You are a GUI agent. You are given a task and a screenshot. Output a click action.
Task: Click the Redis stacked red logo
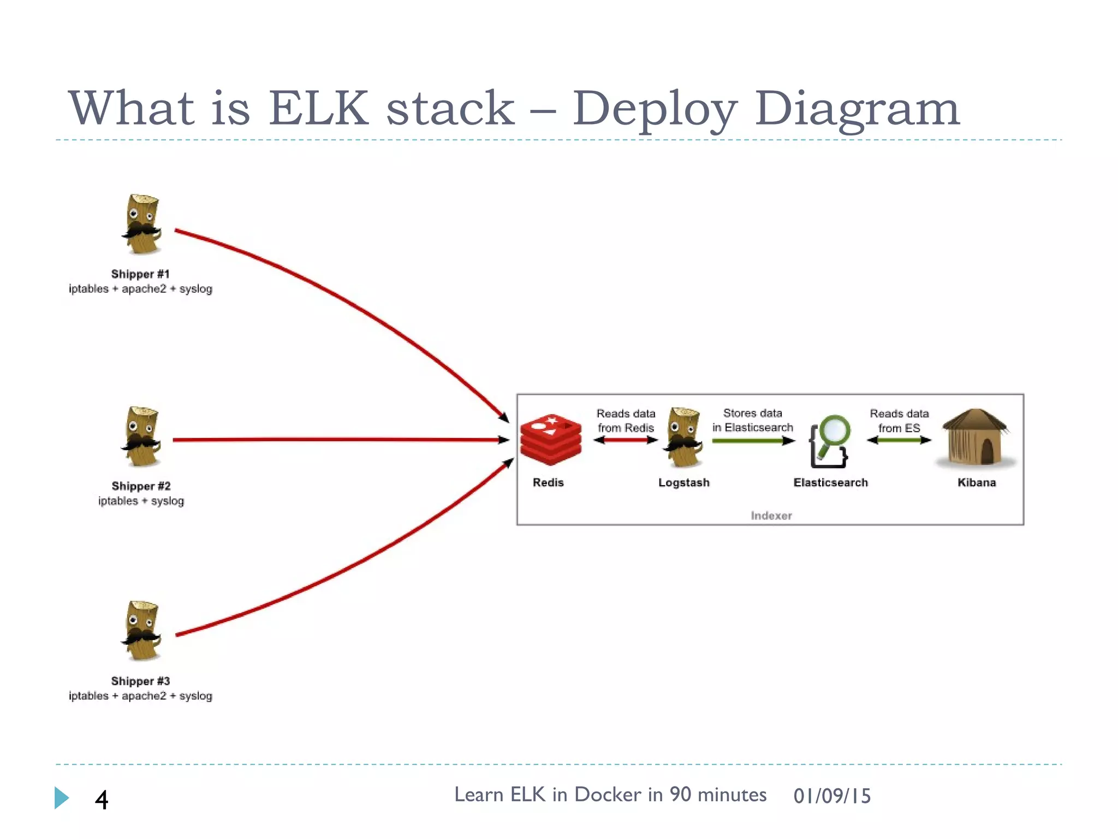[551, 440]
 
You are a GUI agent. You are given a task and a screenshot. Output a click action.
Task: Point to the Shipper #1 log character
[142, 224]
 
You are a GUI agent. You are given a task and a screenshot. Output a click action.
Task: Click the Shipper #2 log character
[142, 437]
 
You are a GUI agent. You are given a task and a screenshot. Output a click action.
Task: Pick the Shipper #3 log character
[142, 631]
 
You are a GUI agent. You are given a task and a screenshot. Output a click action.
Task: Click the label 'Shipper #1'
[140, 274]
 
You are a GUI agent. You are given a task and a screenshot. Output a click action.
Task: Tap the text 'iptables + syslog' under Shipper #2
[141, 501]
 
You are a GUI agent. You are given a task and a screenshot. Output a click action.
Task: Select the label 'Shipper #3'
[140, 681]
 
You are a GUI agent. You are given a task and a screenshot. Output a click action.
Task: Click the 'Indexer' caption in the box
[771, 516]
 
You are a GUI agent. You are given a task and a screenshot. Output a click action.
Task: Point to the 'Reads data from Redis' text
[626, 421]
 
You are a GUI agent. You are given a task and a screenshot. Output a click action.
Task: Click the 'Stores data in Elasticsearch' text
[752, 421]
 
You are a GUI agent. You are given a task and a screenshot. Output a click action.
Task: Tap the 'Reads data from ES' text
[899, 421]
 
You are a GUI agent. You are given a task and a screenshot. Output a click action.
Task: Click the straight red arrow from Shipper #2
[338, 439]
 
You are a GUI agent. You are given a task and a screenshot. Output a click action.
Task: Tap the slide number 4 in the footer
[102, 800]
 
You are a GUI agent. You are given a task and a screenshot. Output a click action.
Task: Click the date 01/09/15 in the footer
[832, 796]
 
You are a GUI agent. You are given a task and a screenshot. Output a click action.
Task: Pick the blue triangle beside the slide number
[61, 797]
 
